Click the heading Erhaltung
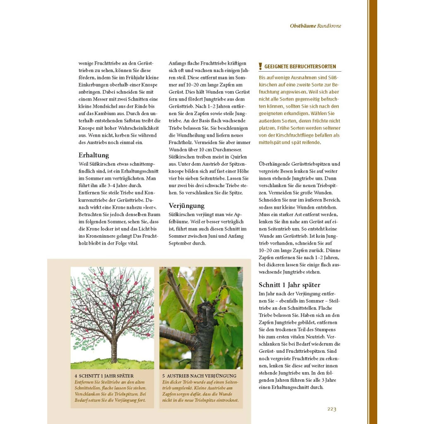coord(94,155)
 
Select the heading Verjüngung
coord(186,205)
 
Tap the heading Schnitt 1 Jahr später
coord(289,285)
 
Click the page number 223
coord(332,409)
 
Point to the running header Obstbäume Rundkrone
coord(316,26)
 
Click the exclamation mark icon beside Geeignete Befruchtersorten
coord(260,66)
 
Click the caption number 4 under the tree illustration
coord(76,376)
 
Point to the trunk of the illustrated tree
coord(113,348)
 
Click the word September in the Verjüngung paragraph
coord(181,243)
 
